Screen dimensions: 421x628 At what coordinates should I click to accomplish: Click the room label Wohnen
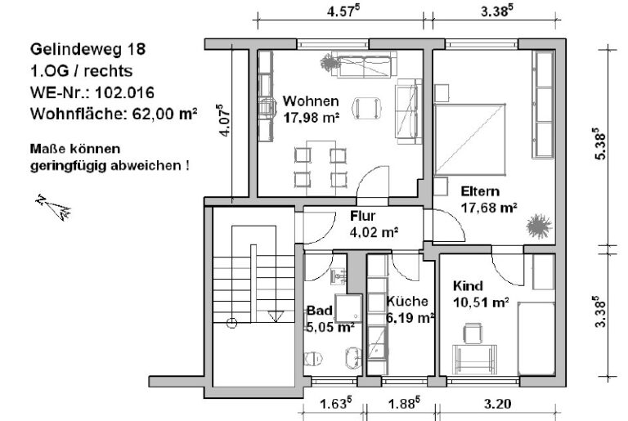(x=311, y=101)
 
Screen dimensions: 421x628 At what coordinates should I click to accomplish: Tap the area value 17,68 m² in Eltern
(x=489, y=208)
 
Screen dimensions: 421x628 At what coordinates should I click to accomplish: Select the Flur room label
(x=362, y=217)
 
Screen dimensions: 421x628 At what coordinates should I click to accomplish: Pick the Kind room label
(x=468, y=286)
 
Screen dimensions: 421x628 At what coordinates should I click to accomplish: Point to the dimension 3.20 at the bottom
(x=497, y=402)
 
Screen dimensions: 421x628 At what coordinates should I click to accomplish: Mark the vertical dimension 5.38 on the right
(x=603, y=146)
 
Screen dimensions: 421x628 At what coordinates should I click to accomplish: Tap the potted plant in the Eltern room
(x=537, y=225)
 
